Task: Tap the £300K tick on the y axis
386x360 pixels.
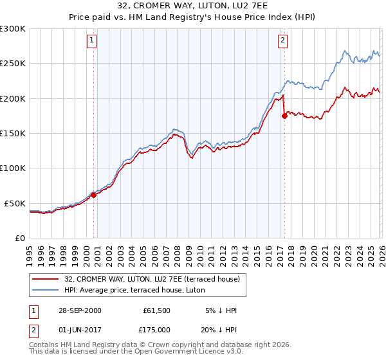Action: point(13,29)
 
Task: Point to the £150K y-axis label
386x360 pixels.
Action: point(13,134)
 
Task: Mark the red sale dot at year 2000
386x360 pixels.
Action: point(94,195)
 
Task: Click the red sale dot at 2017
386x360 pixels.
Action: point(284,116)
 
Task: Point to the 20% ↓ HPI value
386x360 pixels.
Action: point(219,329)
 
